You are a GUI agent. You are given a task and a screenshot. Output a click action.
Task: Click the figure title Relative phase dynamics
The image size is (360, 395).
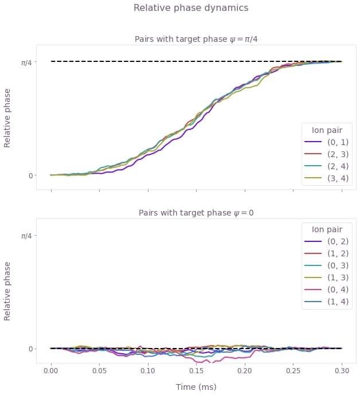point(191,8)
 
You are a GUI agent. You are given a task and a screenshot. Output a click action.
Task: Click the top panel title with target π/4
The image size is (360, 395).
point(196,39)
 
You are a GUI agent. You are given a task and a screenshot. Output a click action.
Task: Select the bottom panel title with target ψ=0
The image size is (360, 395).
point(196,213)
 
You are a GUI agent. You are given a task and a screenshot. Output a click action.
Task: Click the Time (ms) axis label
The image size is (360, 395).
point(196,388)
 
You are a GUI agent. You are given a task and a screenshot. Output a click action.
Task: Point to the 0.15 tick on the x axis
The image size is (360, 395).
point(197,371)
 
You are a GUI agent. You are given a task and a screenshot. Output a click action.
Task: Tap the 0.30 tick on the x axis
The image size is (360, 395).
point(342,371)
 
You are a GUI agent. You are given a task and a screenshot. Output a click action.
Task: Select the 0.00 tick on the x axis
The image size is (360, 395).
point(51,371)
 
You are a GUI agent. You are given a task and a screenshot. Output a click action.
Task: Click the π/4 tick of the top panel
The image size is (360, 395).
point(27,62)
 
